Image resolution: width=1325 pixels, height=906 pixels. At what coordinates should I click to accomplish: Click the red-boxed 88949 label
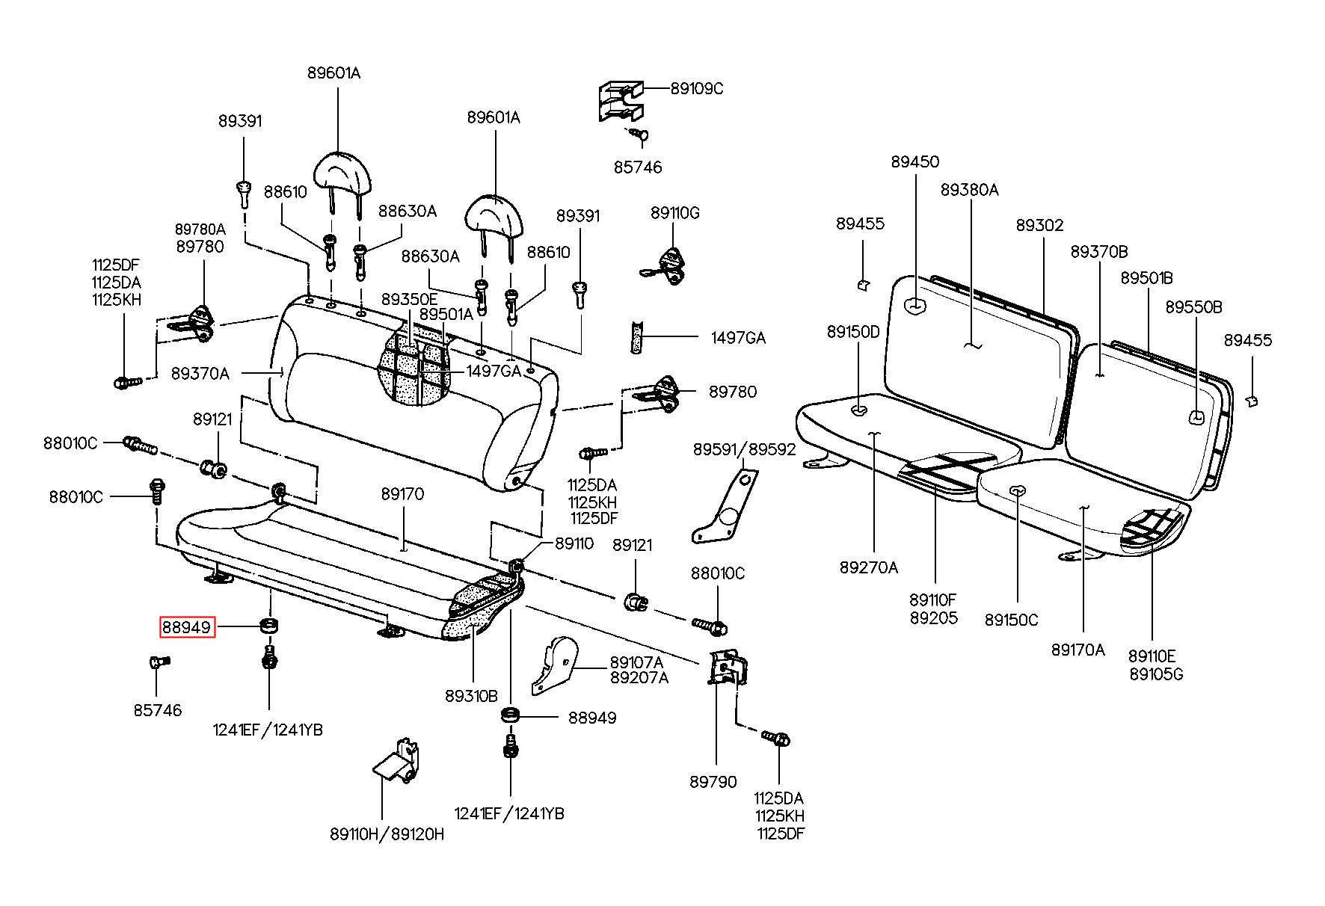click(187, 627)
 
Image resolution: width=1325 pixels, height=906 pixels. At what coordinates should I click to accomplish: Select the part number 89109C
click(697, 88)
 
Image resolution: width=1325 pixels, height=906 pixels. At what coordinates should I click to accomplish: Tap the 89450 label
click(915, 161)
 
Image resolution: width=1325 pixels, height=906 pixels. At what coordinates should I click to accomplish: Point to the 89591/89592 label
click(744, 449)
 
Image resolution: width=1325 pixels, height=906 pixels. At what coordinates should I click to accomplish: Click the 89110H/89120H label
click(387, 833)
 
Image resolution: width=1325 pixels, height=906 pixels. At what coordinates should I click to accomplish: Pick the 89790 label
click(713, 781)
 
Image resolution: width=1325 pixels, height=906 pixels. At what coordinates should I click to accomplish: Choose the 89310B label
click(471, 696)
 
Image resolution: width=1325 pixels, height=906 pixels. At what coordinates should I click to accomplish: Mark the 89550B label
click(1194, 307)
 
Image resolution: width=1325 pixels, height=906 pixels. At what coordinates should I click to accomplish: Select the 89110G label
click(674, 213)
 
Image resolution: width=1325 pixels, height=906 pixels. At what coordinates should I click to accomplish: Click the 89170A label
click(1077, 650)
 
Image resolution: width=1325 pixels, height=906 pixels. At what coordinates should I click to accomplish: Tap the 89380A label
click(969, 190)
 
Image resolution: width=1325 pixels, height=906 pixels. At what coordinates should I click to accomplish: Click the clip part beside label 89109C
click(621, 101)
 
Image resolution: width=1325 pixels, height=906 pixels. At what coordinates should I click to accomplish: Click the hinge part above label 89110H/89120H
click(396, 761)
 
